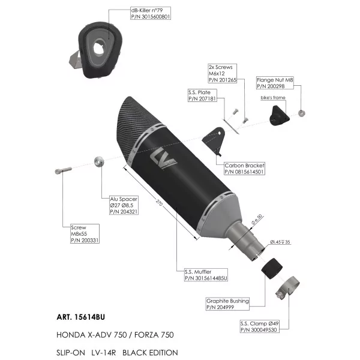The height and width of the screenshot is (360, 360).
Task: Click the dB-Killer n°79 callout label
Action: coord(151,13)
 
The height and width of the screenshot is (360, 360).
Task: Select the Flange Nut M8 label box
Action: coord(275,83)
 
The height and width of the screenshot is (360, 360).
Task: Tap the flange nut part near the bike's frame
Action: coord(301,113)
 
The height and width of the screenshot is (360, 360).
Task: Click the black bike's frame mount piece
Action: coord(279,116)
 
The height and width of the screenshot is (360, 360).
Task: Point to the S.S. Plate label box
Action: coord(202,95)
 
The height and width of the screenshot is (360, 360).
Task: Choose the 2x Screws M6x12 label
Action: coord(222,73)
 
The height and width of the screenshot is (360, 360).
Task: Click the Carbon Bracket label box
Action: coord(244,169)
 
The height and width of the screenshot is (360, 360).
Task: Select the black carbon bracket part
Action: coord(214,140)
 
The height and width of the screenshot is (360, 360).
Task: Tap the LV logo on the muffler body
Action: coord(163,158)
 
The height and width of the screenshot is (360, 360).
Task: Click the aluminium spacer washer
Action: coord(99,161)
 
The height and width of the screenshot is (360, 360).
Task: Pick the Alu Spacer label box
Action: coord(124,205)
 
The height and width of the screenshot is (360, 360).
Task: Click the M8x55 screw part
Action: coord(63,170)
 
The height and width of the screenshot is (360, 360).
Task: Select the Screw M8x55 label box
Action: coord(85,234)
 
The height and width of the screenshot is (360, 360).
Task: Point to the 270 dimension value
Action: coord(159,203)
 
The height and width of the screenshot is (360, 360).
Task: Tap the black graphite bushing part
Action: coord(272,268)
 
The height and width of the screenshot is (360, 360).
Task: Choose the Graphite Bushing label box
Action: coord(227,304)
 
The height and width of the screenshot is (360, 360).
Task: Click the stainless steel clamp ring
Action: coord(287,287)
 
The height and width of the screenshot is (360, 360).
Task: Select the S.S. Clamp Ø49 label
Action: coord(260,326)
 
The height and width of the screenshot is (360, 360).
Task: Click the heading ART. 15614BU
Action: coord(81,317)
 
